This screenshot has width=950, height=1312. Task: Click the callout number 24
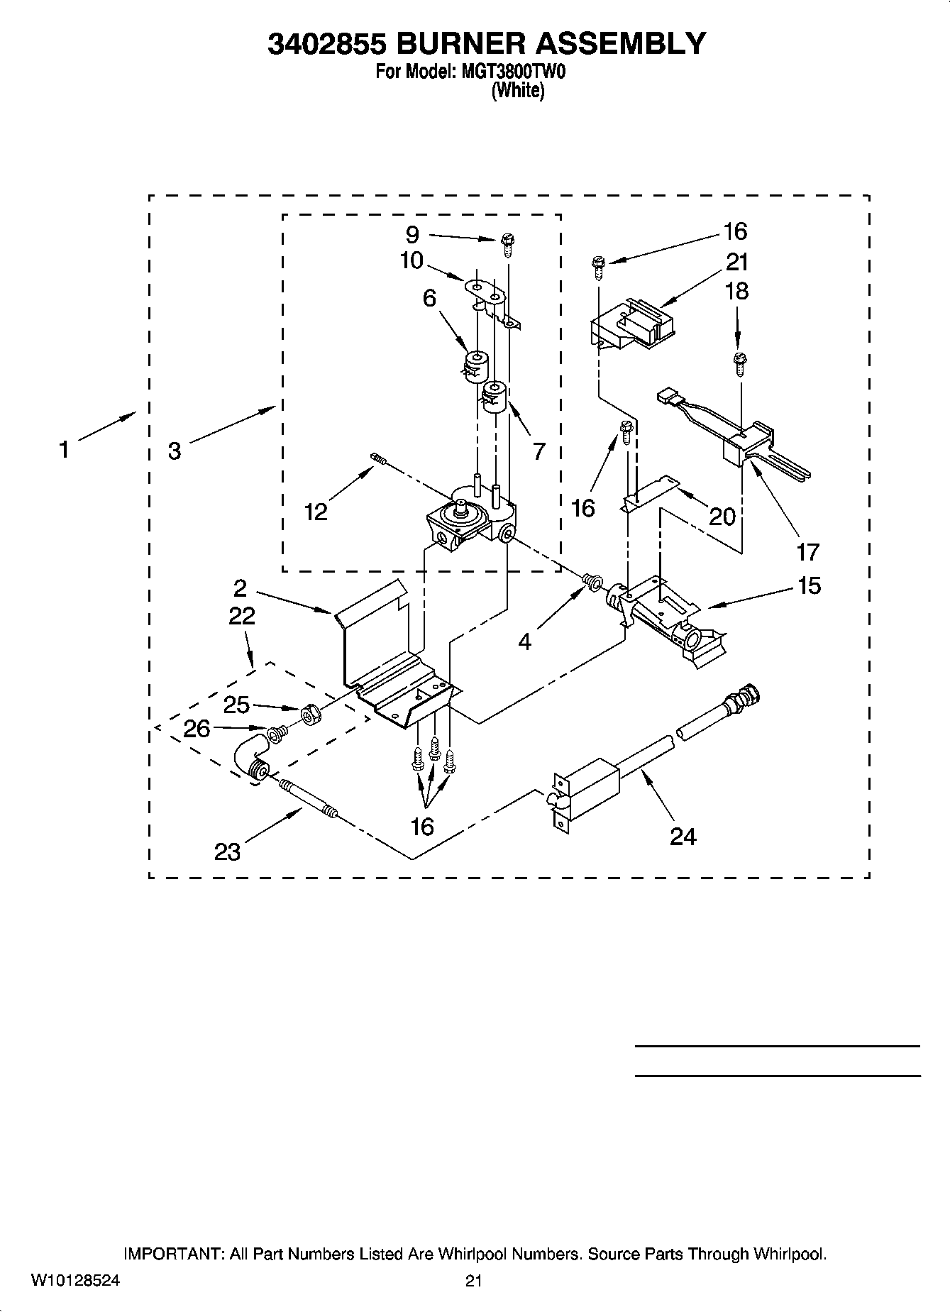point(683,837)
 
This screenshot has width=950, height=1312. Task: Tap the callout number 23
point(227,851)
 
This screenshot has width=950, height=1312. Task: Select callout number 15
point(809,585)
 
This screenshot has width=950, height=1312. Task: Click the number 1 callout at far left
point(64,449)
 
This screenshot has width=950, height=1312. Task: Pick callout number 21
point(738,263)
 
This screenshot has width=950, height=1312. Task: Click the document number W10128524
point(75,1281)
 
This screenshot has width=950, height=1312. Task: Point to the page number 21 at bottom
point(474,1281)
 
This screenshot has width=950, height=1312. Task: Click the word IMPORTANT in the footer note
point(173,1254)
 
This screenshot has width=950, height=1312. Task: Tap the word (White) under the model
point(519,91)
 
